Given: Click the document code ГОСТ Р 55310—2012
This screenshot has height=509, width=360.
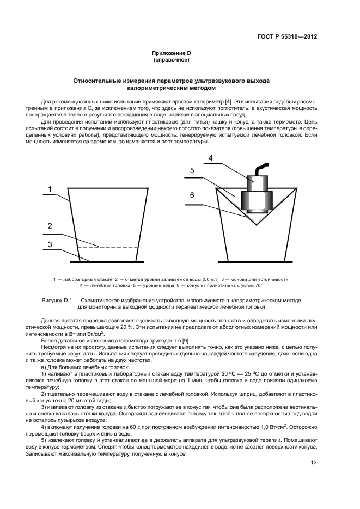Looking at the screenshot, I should coord(287,37).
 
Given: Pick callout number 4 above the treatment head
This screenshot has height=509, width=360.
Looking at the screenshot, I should coord(210,158).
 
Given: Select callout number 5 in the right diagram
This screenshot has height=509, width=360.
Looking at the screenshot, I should coord(192,170).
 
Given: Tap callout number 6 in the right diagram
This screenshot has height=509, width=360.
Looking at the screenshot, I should coord(192,194).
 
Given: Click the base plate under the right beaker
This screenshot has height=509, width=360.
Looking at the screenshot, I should coord(256,260).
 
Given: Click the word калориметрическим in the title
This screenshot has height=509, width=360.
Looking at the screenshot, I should coord(155,87).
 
